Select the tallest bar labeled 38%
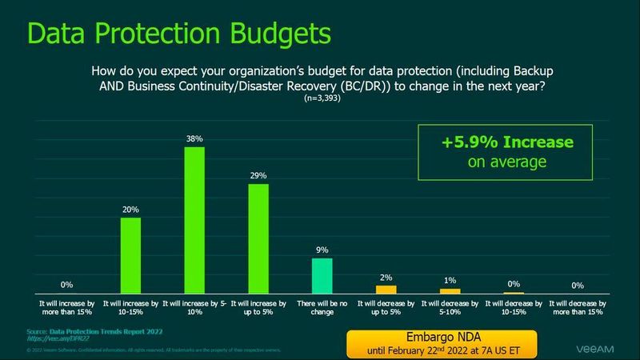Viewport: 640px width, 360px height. click(x=194, y=222)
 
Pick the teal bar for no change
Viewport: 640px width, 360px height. click(x=322, y=277)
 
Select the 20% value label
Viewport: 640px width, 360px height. click(x=131, y=210)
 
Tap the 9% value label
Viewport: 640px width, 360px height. click(x=322, y=250)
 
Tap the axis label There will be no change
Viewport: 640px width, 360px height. click(x=322, y=309)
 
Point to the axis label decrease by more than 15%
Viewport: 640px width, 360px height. click(x=575, y=309)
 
